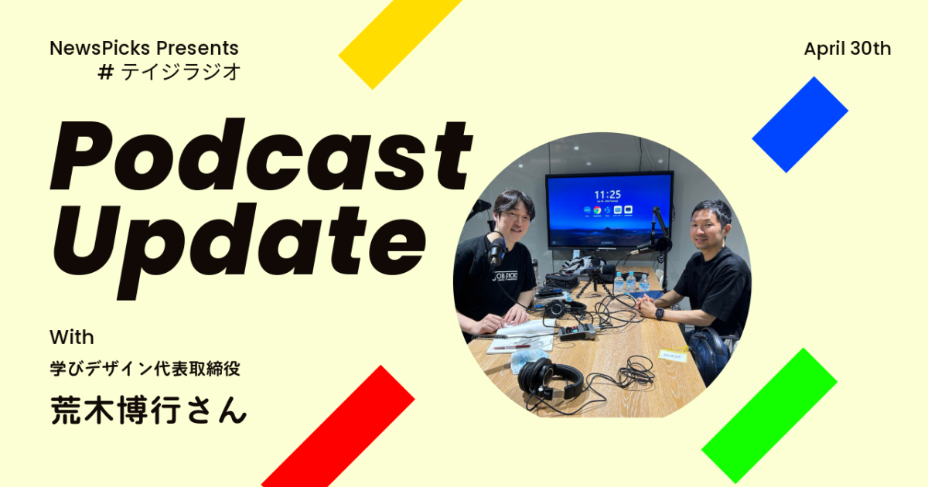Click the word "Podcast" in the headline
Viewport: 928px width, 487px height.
[261, 155]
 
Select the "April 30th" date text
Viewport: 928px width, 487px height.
[848, 49]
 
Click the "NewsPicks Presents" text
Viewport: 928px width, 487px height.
[144, 48]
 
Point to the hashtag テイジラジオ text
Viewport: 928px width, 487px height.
[169, 72]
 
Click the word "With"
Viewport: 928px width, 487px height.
[72, 337]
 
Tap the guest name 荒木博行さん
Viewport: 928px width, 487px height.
[148, 410]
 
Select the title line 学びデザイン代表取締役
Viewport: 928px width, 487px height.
[145, 368]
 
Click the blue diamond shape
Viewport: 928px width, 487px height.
[800, 124]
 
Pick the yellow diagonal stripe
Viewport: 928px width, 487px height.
[400, 42]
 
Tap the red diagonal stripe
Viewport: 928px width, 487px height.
[338, 427]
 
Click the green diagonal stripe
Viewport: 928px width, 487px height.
[769, 415]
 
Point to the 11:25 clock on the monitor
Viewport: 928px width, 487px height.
[607, 195]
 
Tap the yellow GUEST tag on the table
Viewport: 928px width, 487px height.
[672, 356]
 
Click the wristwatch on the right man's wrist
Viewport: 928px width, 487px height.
[660, 314]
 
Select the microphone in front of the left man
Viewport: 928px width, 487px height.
[496, 251]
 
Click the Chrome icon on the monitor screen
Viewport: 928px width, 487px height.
[597, 211]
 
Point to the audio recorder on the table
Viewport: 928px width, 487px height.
[577, 332]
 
